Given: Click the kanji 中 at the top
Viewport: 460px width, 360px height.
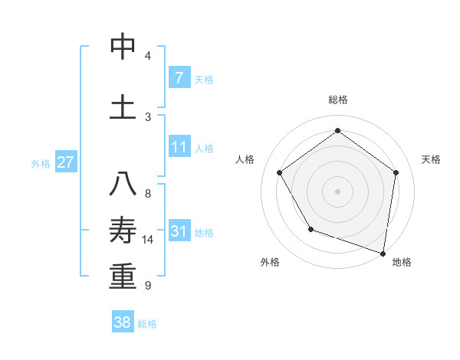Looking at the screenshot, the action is tap(123, 47).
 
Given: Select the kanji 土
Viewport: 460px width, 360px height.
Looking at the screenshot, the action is tap(123, 106).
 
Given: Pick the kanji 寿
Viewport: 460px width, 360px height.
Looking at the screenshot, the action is tap(123, 231).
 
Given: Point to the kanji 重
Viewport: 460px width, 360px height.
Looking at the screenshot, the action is tap(123, 277).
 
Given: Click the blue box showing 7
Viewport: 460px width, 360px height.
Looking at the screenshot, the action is tap(179, 78).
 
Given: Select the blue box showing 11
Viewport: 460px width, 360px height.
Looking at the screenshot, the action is tap(179, 147).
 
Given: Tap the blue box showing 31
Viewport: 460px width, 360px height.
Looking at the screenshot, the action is tap(179, 231).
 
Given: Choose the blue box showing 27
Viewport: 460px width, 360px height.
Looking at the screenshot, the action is tap(66, 162).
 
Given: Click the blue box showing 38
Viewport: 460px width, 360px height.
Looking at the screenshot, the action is tap(123, 322).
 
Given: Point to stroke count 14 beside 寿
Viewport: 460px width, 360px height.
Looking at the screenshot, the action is tap(148, 240).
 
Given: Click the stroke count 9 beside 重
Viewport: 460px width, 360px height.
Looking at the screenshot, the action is tap(147, 286).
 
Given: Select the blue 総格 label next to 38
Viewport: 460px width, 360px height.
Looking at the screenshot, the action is tap(147, 324).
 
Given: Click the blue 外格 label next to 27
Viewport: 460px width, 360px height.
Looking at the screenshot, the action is tap(40, 164).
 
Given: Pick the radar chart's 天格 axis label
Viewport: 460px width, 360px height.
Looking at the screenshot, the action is tap(431, 159).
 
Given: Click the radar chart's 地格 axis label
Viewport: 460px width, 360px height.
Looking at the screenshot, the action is tap(402, 262).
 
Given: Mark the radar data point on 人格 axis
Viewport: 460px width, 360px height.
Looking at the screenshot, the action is tap(280, 172).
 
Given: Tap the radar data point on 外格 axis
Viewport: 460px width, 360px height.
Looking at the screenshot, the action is tap(310, 229).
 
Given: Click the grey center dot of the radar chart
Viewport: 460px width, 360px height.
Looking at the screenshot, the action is tap(337, 191).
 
